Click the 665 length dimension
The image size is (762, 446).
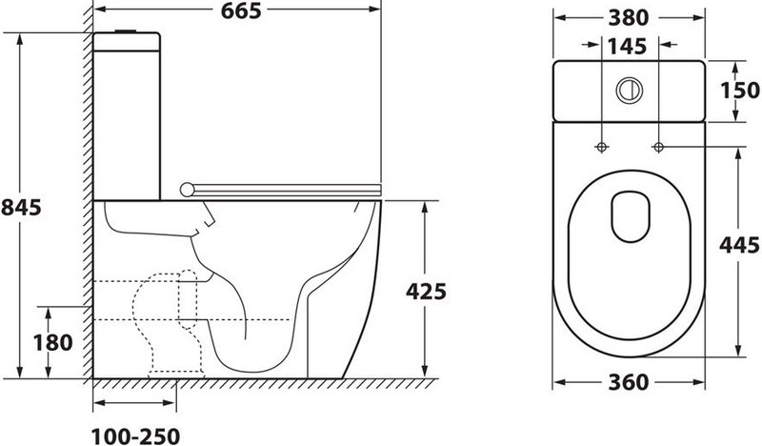pos(241,10)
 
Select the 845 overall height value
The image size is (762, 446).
pos(21,207)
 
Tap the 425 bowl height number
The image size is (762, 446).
pos(426,292)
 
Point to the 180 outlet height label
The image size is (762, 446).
pos(53,342)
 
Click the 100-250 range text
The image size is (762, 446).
pos(135,436)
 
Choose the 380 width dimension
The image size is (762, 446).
pos(629,18)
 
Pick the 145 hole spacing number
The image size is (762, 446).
pos(628,46)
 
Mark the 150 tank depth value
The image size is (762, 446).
pos(740,91)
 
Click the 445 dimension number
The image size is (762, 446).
pos(740,245)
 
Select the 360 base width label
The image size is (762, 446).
pos(629,382)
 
